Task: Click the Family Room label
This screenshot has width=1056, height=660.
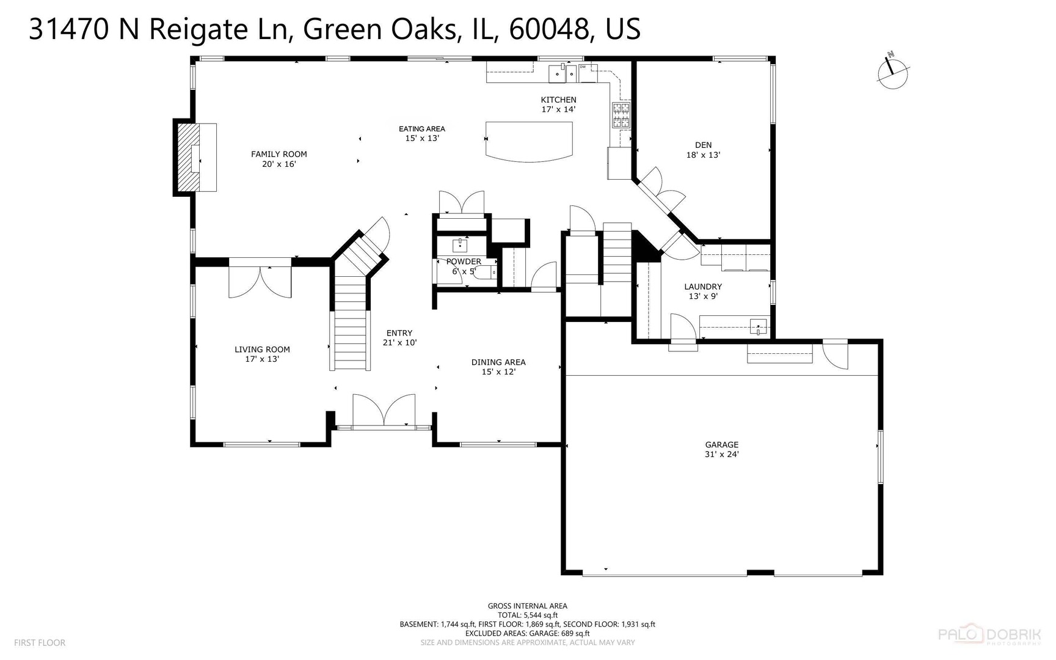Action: coord(279,159)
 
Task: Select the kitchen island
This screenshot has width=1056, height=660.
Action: coord(529,141)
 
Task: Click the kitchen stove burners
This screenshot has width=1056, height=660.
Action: coord(621,115)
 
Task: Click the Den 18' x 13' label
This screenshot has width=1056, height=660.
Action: coord(703,150)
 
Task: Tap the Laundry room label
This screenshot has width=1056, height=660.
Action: coord(703,291)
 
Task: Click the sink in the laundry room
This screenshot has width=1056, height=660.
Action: coord(758,326)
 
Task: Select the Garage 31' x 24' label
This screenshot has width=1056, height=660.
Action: coord(721,449)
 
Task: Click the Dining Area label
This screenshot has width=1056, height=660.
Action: coord(498,367)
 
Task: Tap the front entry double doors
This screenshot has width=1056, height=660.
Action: coord(384,411)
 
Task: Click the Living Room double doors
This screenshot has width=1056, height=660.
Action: coord(260,281)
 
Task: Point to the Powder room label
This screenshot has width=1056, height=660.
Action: coord(464,266)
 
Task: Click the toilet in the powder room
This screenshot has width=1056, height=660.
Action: coord(486,272)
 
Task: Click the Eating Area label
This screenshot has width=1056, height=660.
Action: coord(422,133)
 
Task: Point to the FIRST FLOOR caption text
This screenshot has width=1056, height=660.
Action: coord(40,643)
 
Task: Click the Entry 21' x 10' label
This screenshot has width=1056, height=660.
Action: coord(399,338)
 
